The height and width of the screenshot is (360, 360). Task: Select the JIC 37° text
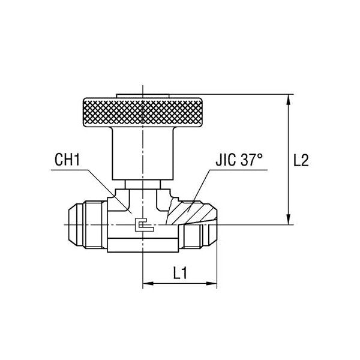(239, 161)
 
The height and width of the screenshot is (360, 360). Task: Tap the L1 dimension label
(179, 273)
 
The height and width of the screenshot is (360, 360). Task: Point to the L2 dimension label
(301, 161)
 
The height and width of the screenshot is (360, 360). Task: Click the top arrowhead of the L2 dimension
(289, 99)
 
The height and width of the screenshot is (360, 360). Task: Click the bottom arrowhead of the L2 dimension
(289, 220)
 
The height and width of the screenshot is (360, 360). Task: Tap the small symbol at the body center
(142, 224)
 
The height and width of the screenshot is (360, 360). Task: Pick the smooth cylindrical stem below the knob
(142, 153)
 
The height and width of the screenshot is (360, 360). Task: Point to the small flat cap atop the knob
(142, 94)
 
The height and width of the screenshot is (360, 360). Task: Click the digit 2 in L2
(305, 161)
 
